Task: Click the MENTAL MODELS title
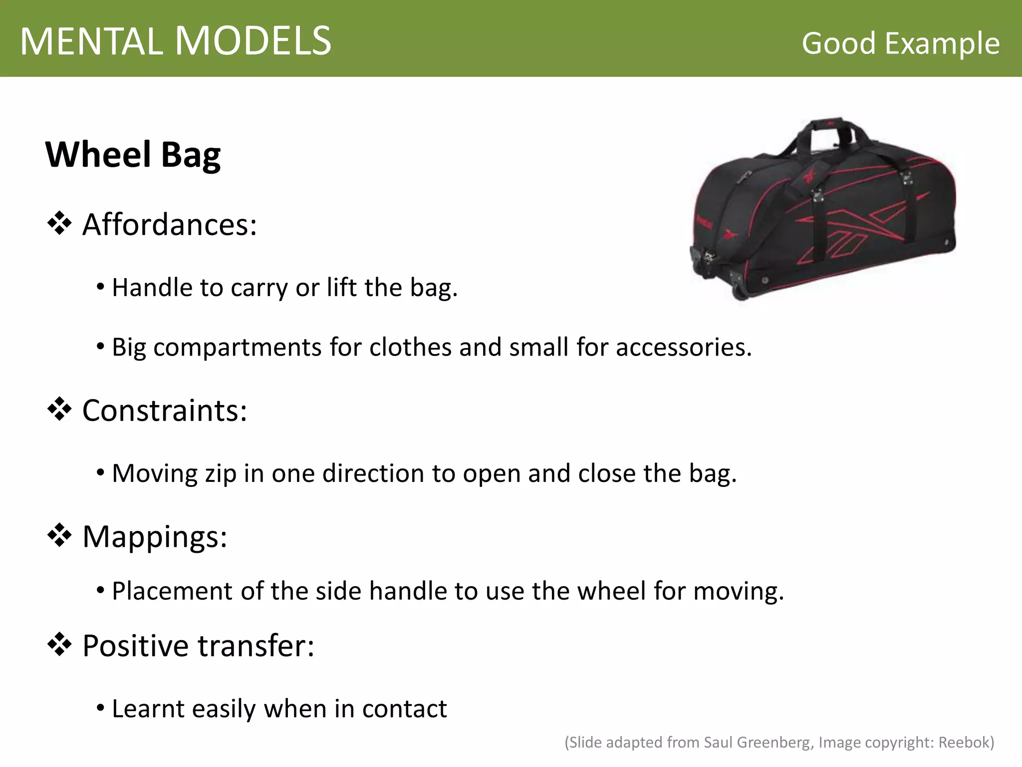(176, 41)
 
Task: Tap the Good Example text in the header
(900, 43)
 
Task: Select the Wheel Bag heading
(133, 155)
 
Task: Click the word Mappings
(154, 537)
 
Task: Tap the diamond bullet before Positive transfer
(59, 645)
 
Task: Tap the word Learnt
(148, 709)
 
